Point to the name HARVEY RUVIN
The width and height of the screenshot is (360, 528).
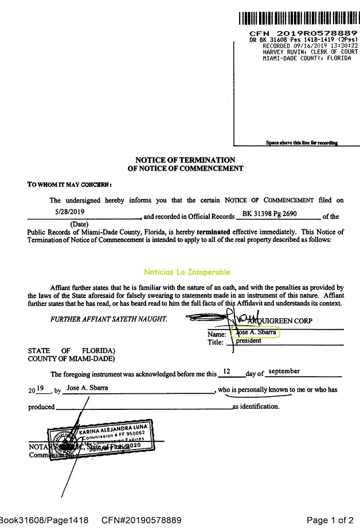(x=281, y=52)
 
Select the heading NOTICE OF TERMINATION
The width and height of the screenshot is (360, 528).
(x=185, y=159)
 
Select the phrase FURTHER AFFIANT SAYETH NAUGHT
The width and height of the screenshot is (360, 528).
(x=108, y=319)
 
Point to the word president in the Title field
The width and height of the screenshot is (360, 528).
(x=249, y=341)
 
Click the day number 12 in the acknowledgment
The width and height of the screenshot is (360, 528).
(x=227, y=371)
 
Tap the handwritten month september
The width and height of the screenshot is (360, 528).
(x=284, y=371)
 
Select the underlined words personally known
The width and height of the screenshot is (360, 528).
(x=264, y=390)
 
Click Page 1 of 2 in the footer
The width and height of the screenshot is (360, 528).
(x=330, y=520)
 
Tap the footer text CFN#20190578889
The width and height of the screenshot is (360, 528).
(x=142, y=520)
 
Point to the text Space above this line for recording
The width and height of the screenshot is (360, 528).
(x=302, y=143)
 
